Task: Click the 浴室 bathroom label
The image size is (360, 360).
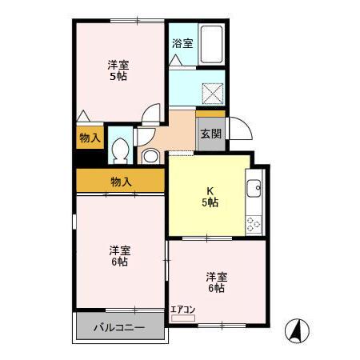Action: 182,43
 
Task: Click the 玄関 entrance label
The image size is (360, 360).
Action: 210,134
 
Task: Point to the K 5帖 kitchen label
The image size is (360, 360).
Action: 210,197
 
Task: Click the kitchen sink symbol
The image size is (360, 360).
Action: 254,190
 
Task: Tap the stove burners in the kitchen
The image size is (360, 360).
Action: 254,223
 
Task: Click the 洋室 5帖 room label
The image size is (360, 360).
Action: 118,70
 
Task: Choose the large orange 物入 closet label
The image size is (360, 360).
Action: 121,182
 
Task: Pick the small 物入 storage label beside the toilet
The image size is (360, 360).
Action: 90,138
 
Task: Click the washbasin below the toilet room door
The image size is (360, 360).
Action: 150,156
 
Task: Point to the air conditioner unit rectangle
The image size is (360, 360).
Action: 182,318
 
